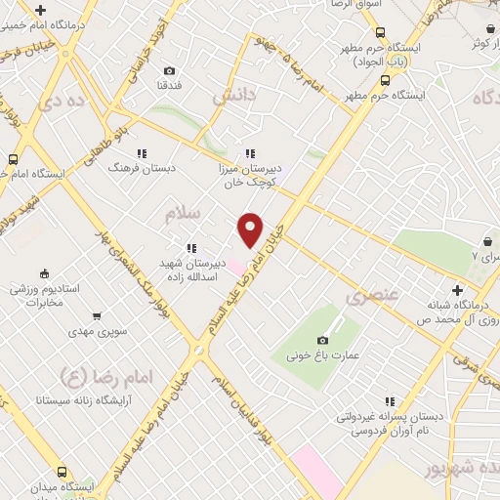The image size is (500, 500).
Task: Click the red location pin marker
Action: (x=251, y=229)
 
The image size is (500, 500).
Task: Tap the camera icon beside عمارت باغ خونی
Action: (x=322, y=339)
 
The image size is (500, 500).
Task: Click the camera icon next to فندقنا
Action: (x=170, y=70)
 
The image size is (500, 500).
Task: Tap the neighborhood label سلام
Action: (x=182, y=211)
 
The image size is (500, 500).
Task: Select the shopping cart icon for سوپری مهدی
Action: (x=97, y=315)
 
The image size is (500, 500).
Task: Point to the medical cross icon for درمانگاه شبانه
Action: (x=457, y=289)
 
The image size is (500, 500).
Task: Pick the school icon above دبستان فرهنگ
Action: (x=142, y=152)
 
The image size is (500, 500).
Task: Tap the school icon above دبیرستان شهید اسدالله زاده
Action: (x=191, y=247)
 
